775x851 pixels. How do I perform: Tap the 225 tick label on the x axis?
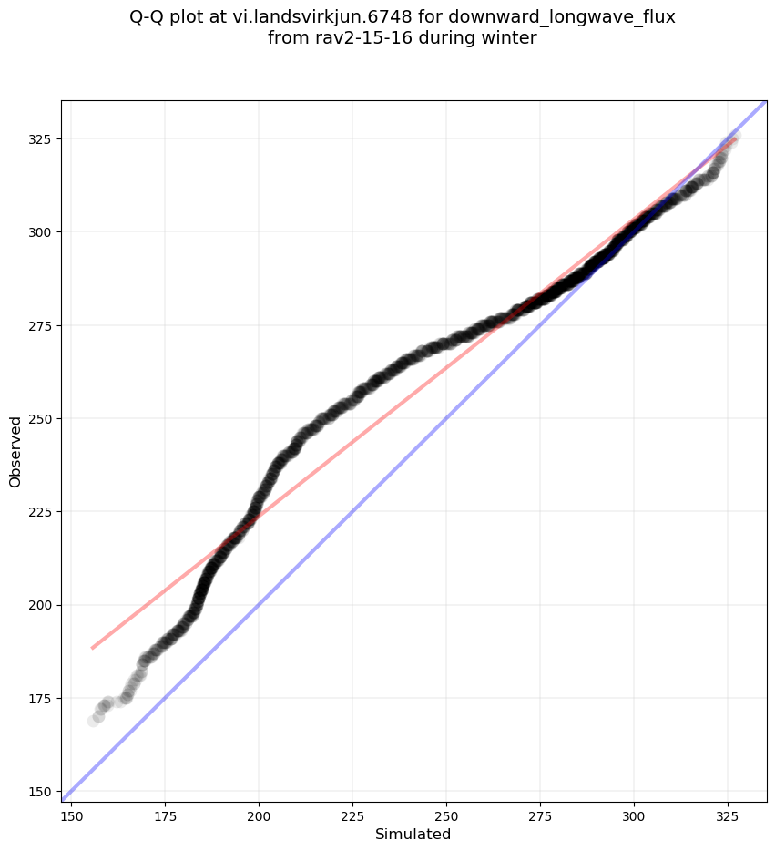coord(352,814)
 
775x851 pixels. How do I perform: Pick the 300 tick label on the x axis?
coord(634,814)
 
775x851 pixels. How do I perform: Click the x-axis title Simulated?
coord(413,834)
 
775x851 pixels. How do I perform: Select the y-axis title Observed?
coord(15,451)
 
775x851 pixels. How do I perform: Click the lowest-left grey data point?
coord(93,721)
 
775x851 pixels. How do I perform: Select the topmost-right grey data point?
coord(734,136)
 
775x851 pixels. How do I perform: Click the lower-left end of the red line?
coord(93,648)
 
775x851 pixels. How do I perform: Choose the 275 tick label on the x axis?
coord(540,814)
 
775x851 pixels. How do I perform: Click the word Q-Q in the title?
coord(149,16)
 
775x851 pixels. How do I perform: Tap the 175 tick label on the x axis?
coord(165,814)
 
